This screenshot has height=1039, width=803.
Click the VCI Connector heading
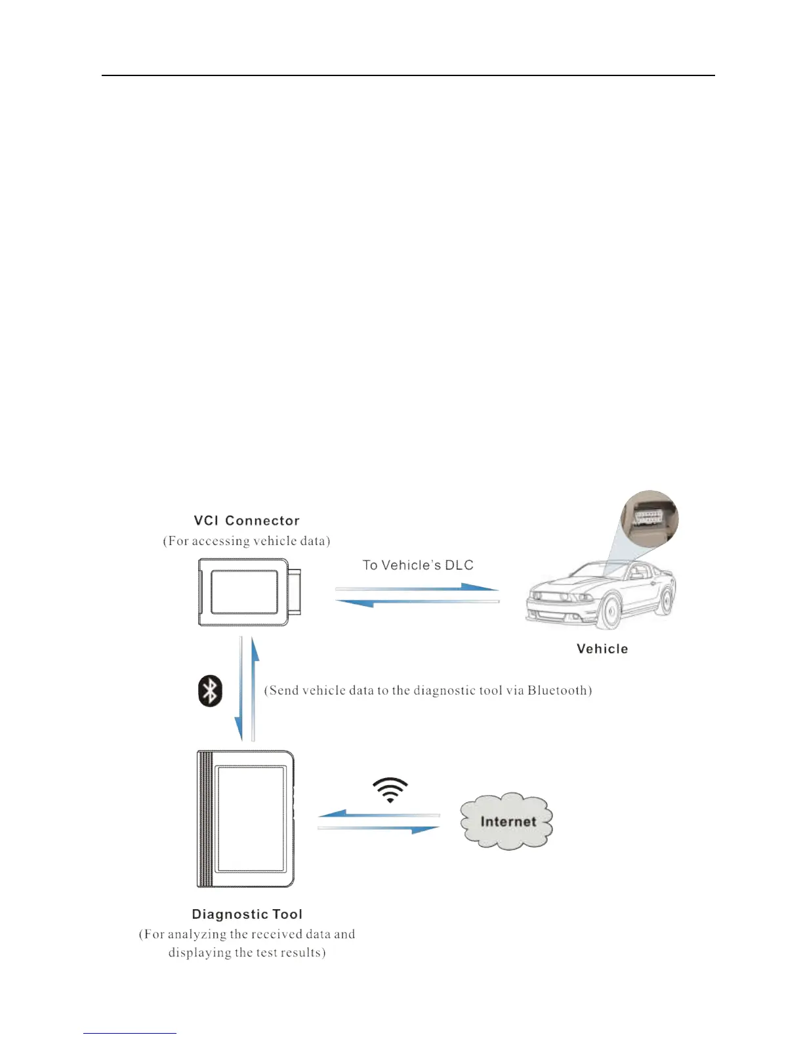247,521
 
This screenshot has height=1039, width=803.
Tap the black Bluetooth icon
210,691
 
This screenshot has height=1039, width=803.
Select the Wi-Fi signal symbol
390,790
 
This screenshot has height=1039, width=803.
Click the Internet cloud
506,821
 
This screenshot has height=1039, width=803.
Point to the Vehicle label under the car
602,649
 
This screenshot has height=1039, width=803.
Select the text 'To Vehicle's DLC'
418,565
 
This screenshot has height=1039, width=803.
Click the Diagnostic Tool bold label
247,914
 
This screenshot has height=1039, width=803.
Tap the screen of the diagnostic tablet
252,818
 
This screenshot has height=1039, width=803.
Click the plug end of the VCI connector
296,592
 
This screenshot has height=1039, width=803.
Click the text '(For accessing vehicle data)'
247,541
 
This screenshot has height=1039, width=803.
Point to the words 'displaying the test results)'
247,952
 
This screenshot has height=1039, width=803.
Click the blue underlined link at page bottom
130,1033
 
